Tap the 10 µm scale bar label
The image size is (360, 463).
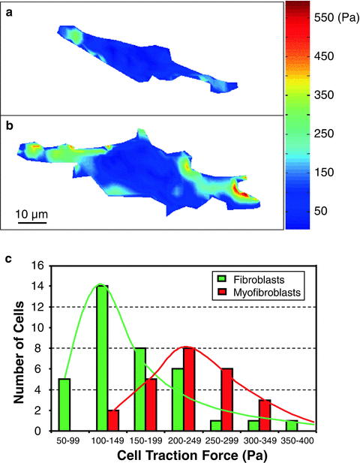31,216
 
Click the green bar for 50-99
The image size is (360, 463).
63,404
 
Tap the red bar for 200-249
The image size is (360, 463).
189,389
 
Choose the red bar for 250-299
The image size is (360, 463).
227,399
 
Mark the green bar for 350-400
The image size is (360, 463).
292,425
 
